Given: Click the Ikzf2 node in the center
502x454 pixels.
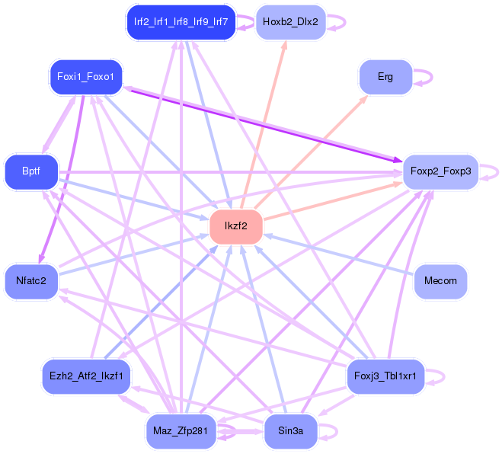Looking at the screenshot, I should pyautogui.click(x=236, y=226).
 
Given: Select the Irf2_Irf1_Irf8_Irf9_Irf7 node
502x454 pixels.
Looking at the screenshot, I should pyautogui.click(x=181, y=22).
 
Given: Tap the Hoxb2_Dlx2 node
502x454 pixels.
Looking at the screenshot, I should pyautogui.click(x=290, y=22).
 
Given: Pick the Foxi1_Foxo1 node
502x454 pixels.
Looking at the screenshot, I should pyautogui.click(x=85, y=77).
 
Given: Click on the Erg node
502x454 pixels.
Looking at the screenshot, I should pyautogui.click(x=385, y=77).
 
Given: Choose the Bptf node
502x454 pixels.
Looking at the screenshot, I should pyautogui.click(x=31, y=171).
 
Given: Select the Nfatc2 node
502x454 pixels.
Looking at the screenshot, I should pyautogui.click(x=31, y=281).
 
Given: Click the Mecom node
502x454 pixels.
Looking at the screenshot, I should pyautogui.click(x=440, y=281).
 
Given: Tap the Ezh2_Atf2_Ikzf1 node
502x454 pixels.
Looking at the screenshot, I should pyautogui.click(x=86, y=376).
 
